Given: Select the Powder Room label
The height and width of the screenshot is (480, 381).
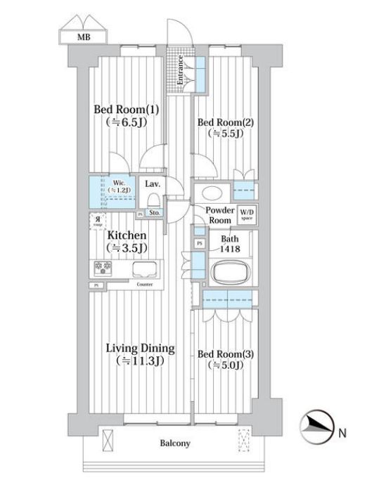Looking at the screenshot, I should point(219,214).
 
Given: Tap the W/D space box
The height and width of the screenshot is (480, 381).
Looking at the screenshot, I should point(247,214).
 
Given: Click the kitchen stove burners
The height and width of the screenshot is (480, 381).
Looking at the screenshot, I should point(103,268).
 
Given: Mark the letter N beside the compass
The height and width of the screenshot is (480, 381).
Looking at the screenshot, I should point(344,432).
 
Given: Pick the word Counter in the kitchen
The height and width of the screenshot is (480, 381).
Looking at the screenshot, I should point(145,285).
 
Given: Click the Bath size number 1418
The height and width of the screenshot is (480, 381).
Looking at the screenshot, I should point(230,248).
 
